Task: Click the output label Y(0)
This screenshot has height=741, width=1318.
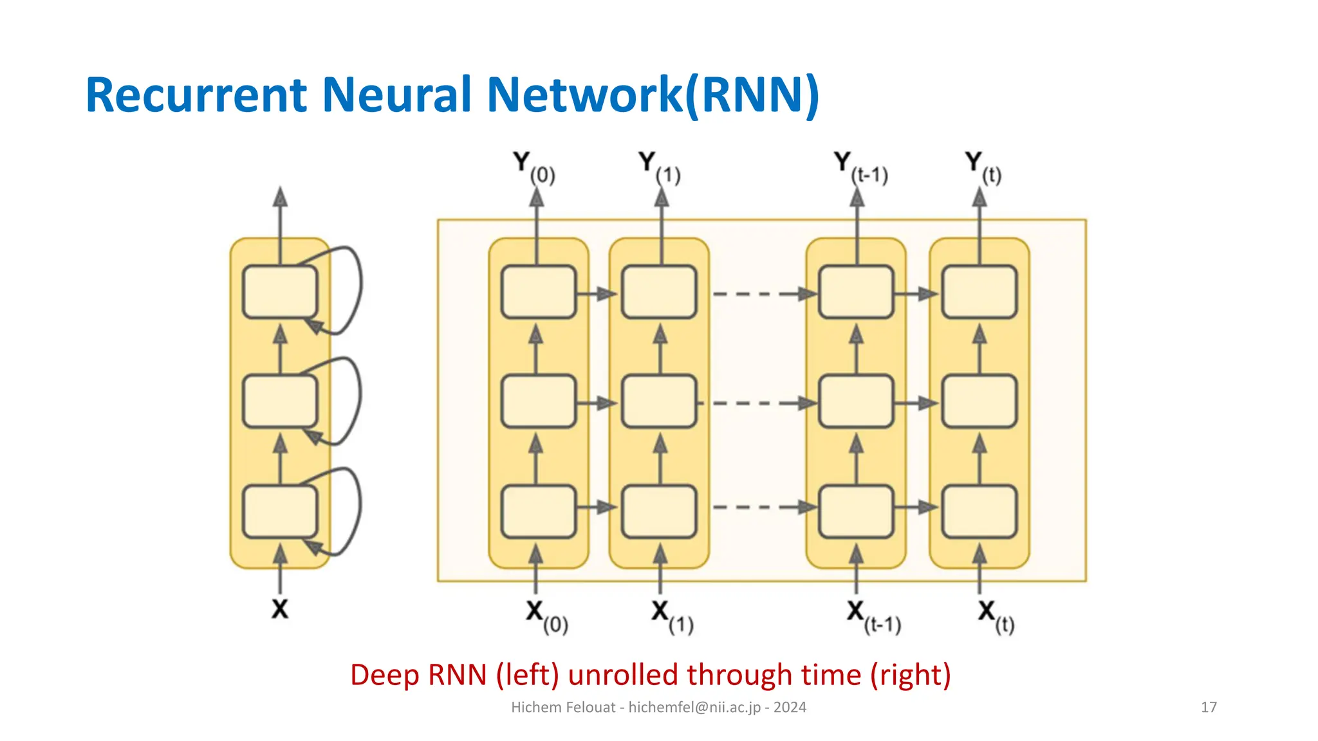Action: (x=534, y=167)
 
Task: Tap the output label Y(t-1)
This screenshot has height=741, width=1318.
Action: (x=860, y=167)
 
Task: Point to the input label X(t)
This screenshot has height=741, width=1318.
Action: (x=995, y=616)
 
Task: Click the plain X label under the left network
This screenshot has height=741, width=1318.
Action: (x=279, y=608)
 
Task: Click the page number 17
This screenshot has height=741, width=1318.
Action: (x=1209, y=707)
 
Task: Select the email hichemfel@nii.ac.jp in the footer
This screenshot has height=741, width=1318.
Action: (x=694, y=707)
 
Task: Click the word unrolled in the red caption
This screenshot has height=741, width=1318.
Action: (x=622, y=675)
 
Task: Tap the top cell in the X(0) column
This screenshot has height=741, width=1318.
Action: (x=539, y=291)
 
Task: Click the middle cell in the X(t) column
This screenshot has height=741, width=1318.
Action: (x=979, y=401)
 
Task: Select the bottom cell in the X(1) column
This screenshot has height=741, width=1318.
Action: (x=659, y=511)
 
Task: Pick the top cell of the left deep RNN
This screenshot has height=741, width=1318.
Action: (x=280, y=291)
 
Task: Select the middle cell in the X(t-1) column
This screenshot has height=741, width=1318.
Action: (x=856, y=401)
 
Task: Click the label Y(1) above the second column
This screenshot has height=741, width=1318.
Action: (x=659, y=167)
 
